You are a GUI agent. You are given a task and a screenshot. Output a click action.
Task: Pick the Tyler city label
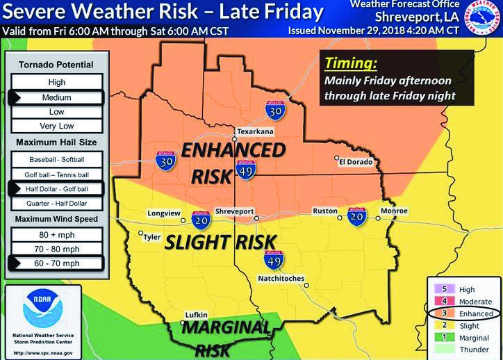(152, 237)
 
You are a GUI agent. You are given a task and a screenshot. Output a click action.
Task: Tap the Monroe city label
(394, 211)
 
